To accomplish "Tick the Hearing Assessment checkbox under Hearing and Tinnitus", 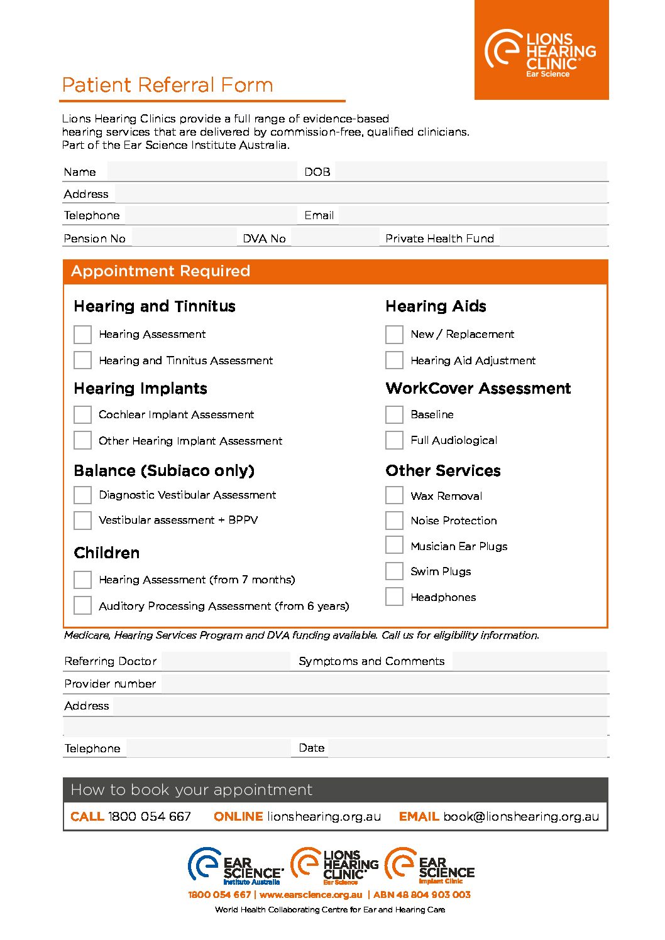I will tap(82, 334).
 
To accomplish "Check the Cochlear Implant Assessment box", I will tap(82, 414).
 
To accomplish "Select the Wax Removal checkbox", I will tap(394, 495).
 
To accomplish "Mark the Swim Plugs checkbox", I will tap(394, 571).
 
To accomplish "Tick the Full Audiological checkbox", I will tap(394, 440).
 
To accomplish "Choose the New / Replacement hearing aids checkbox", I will tap(394, 334).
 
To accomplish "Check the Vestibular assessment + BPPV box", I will tap(82, 520).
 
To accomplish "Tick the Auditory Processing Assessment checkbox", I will tap(82, 605).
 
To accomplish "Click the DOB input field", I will tap(471, 171).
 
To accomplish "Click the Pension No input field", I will tap(184, 238).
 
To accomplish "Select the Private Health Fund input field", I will tap(553, 238).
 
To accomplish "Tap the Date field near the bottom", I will tap(468, 748).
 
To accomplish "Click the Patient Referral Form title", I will tap(167, 85).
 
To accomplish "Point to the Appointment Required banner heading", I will tap(161, 271).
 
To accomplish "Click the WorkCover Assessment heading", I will tap(478, 389).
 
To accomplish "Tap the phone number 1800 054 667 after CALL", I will tap(150, 816).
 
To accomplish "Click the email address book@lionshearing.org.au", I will tap(521, 816).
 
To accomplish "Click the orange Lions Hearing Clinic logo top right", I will tap(541, 51).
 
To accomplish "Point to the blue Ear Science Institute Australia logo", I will tap(236, 867).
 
